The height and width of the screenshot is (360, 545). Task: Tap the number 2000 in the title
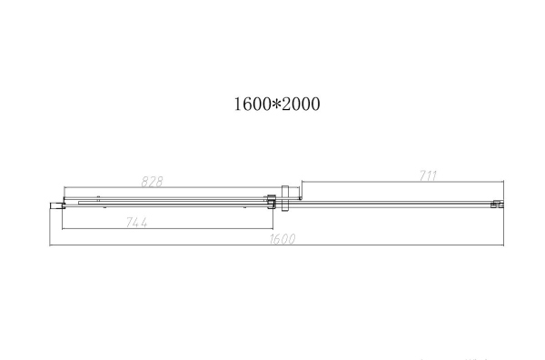[298, 105]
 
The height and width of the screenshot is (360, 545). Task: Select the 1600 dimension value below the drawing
[282, 240]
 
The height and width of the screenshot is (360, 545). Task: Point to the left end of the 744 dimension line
[61, 230]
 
